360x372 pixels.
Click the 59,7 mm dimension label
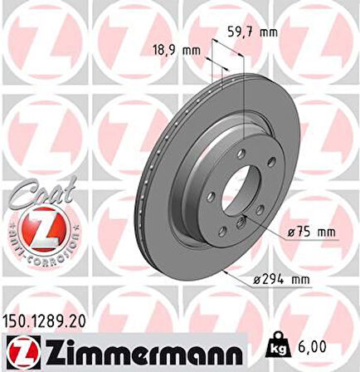pos(253,33)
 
